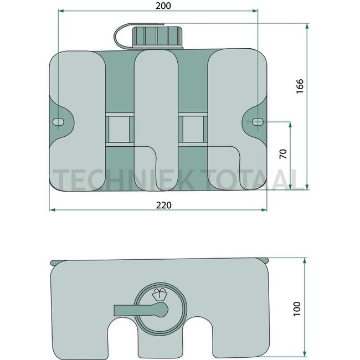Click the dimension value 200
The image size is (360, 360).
click(x=163, y=6)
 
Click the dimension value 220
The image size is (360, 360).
click(x=164, y=205)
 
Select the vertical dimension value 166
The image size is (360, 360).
click(x=300, y=86)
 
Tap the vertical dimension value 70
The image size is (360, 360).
click(x=284, y=154)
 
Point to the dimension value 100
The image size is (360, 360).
click(x=297, y=309)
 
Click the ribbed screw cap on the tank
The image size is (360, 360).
click(x=158, y=37)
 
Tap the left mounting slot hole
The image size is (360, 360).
click(x=58, y=122)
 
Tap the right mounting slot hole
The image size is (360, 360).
click(x=258, y=122)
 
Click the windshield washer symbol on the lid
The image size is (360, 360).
click(x=160, y=294)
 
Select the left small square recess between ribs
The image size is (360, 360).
click(x=119, y=130)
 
